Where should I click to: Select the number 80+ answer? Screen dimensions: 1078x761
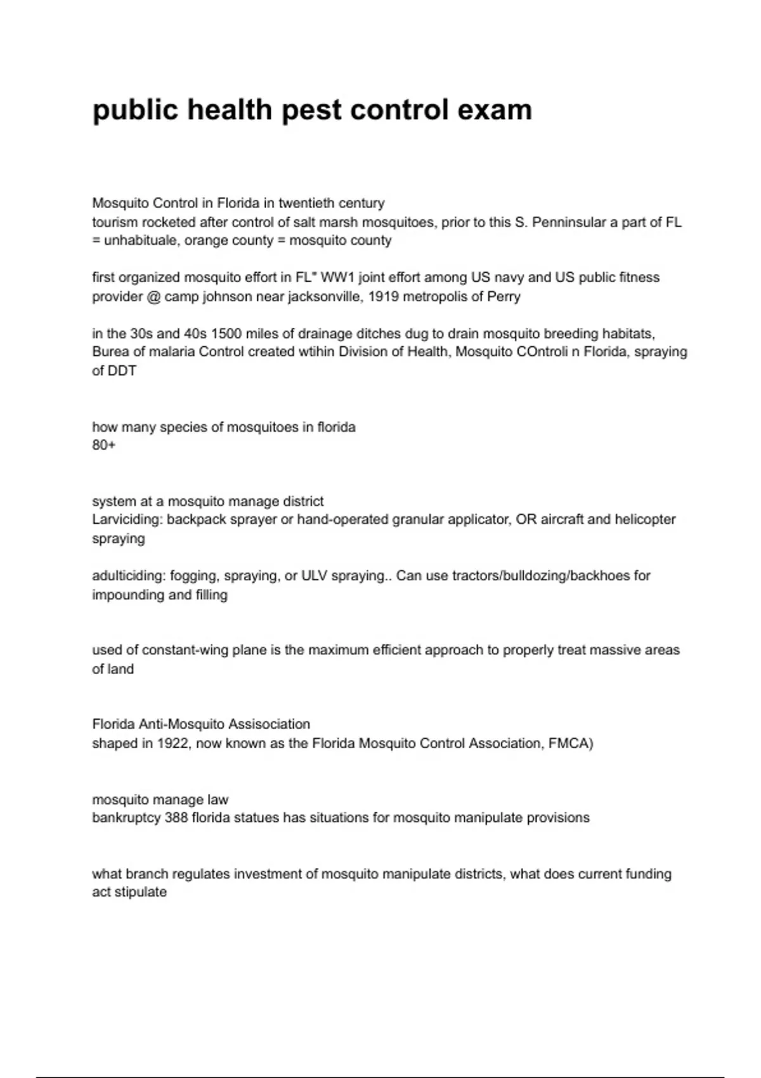[104, 445]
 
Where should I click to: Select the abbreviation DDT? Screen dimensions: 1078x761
[122, 371]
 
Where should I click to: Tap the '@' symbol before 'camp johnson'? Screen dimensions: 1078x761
[153, 296]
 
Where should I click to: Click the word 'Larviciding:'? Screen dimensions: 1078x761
[127, 519]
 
